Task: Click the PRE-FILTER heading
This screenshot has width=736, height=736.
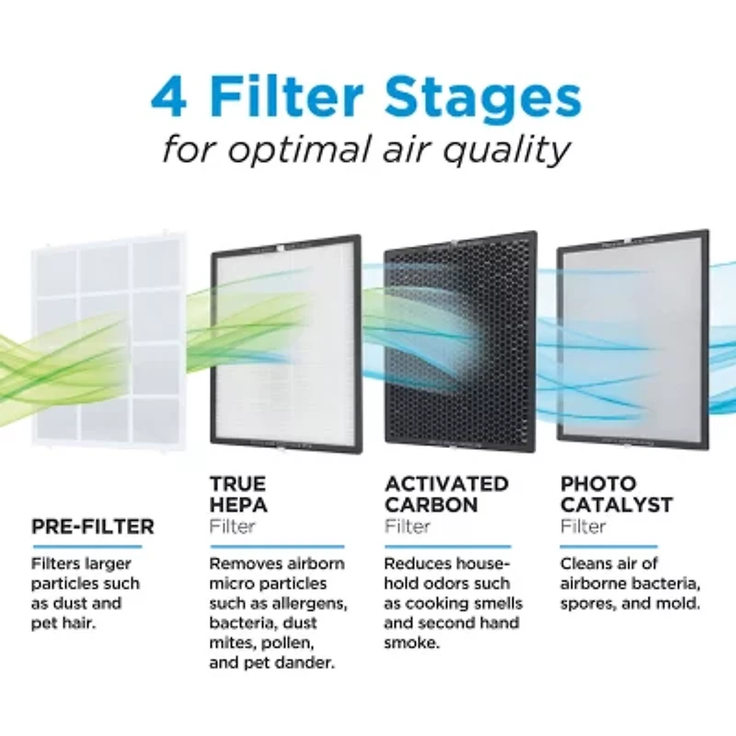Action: (93, 527)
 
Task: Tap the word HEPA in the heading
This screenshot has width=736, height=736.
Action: (239, 505)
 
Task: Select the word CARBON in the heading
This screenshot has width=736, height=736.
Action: (431, 505)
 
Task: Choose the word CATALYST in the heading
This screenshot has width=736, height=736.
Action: (616, 505)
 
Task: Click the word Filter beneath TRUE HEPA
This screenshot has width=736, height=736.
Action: (233, 527)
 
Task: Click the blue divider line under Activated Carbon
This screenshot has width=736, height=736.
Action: (451, 546)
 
